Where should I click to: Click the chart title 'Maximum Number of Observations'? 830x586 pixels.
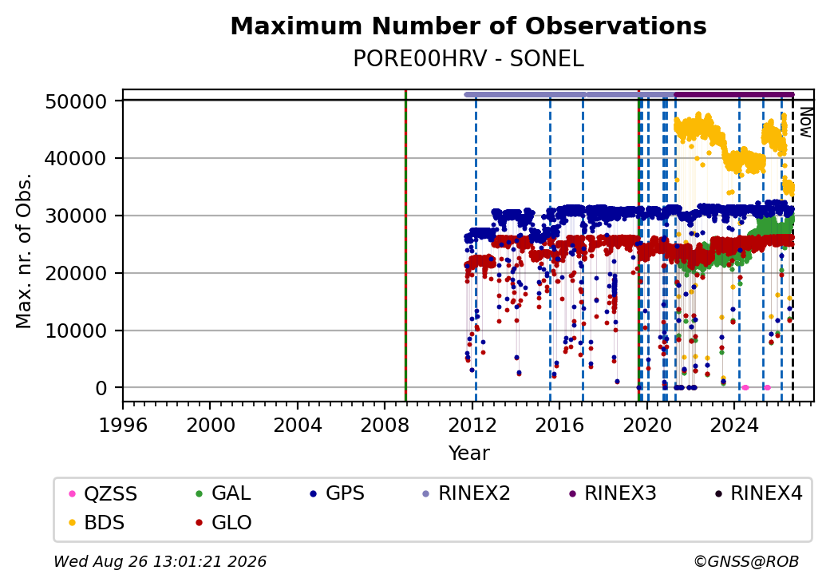[x=468, y=26]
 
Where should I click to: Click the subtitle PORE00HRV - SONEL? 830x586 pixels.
[x=468, y=59]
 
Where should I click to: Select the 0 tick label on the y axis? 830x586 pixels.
[x=101, y=389]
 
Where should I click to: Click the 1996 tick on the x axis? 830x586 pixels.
[x=123, y=425]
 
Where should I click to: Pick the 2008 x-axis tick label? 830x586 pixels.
[x=385, y=425]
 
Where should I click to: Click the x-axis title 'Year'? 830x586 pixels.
[x=469, y=453]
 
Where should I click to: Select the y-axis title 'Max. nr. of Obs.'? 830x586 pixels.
[x=23, y=251]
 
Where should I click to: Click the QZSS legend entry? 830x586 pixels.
[x=103, y=493]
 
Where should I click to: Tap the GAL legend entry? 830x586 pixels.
[x=223, y=493]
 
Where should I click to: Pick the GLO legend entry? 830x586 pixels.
[x=223, y=522]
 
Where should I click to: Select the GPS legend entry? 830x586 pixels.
[x=337, y=493]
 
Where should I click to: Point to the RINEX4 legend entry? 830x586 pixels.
[x=758, y=493]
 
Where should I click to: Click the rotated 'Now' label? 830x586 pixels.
[x=805, y=122]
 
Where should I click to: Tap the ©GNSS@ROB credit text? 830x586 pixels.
[x=746, y=561]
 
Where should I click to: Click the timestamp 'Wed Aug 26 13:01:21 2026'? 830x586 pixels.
[x=160, y=561]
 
